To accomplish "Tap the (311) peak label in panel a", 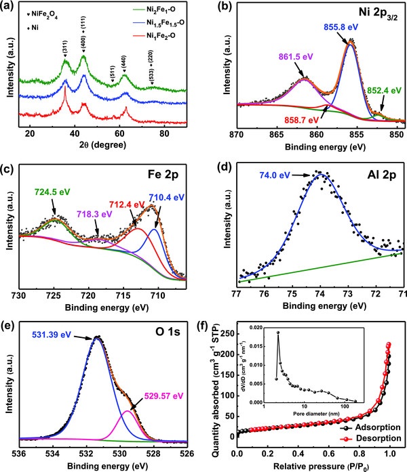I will (65, 49).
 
